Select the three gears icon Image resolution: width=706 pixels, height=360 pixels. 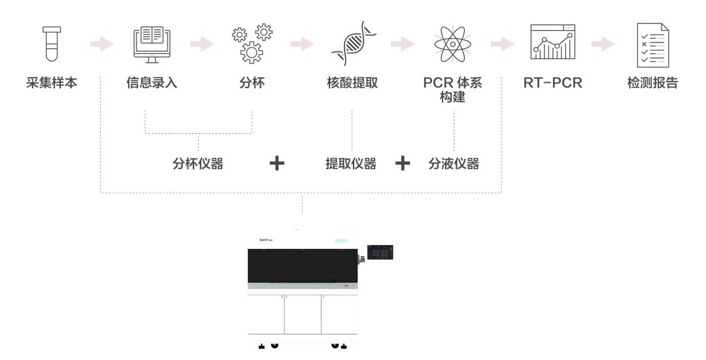point(252,44)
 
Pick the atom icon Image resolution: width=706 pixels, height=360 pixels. point(452,44)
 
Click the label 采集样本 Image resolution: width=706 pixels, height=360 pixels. point(52,84)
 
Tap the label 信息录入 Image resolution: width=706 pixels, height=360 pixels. point(152,84)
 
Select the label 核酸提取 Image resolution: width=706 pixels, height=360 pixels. point(352,84)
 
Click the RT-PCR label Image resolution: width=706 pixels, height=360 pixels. point(553,84)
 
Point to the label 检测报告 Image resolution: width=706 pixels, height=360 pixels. point(652,84)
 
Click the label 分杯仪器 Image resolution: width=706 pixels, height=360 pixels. point(198,164)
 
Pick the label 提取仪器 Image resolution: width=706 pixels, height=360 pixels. point(351,164)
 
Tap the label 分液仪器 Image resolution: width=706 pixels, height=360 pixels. point(454,164)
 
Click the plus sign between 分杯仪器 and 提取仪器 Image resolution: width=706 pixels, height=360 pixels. point(277,163)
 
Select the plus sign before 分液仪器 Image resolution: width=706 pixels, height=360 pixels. point(403,163)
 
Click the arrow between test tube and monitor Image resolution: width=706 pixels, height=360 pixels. point(101,44)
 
